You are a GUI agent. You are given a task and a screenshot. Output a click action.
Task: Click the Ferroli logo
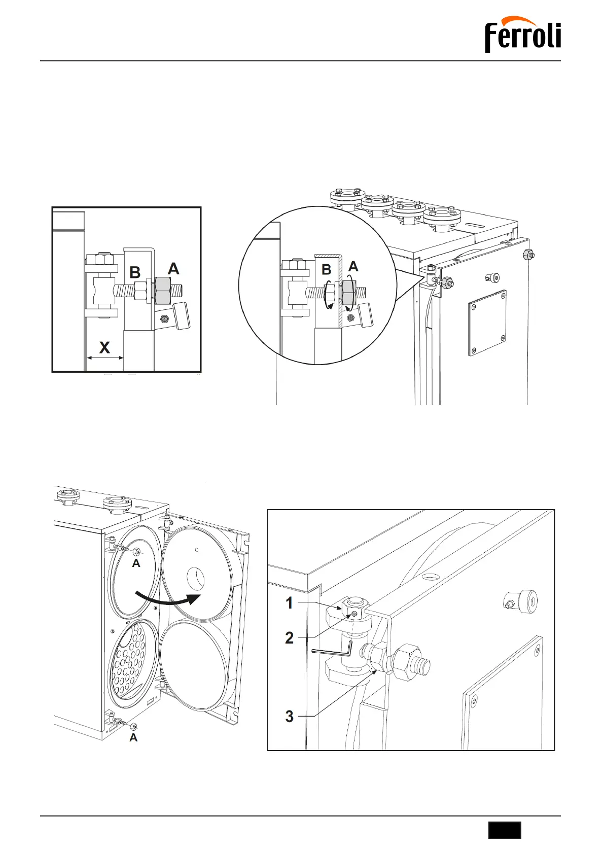[x=523, y=35]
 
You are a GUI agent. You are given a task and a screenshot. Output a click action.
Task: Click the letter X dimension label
[x=104, y=347]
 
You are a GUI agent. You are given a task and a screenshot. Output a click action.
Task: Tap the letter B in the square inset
[x=135, y=272]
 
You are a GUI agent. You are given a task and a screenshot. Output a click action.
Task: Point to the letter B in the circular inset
[x=327, y=270]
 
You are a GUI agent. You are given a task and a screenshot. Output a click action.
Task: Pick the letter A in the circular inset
[x=353, y=266]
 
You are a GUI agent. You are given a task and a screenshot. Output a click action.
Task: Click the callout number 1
[x=289, y=603]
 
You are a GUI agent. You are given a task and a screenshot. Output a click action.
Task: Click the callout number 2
[x=289, y=637]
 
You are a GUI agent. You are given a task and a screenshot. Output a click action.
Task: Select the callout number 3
[x=289, y=716]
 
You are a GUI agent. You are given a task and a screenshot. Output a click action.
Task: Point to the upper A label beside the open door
[x=136, y=563]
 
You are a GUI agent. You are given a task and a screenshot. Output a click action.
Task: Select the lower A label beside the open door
[x=133, y=738]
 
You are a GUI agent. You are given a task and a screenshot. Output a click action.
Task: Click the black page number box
[x=505, y=830]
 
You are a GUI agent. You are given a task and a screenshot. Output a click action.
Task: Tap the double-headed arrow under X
[x=104, y=358]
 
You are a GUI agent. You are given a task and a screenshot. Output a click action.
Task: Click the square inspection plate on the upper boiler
[x=487, y=323]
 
